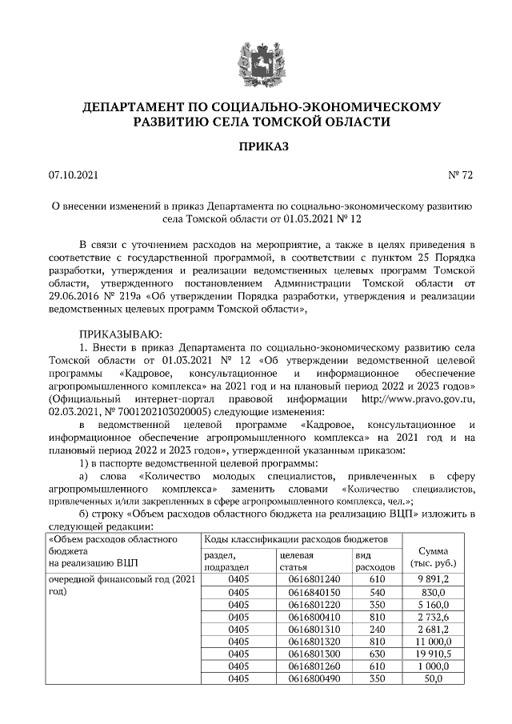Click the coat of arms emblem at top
click(255, 62)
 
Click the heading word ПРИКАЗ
click(255, 146)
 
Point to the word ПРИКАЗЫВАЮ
click(121, 333)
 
